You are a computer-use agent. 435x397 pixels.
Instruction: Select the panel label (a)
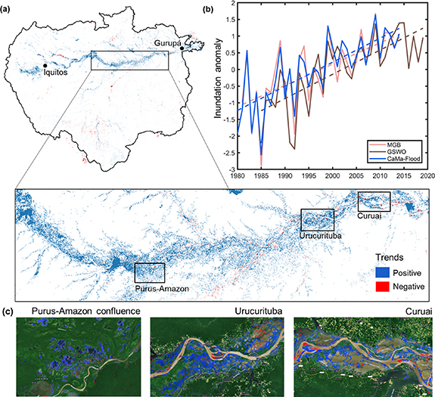tap(9, 7)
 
